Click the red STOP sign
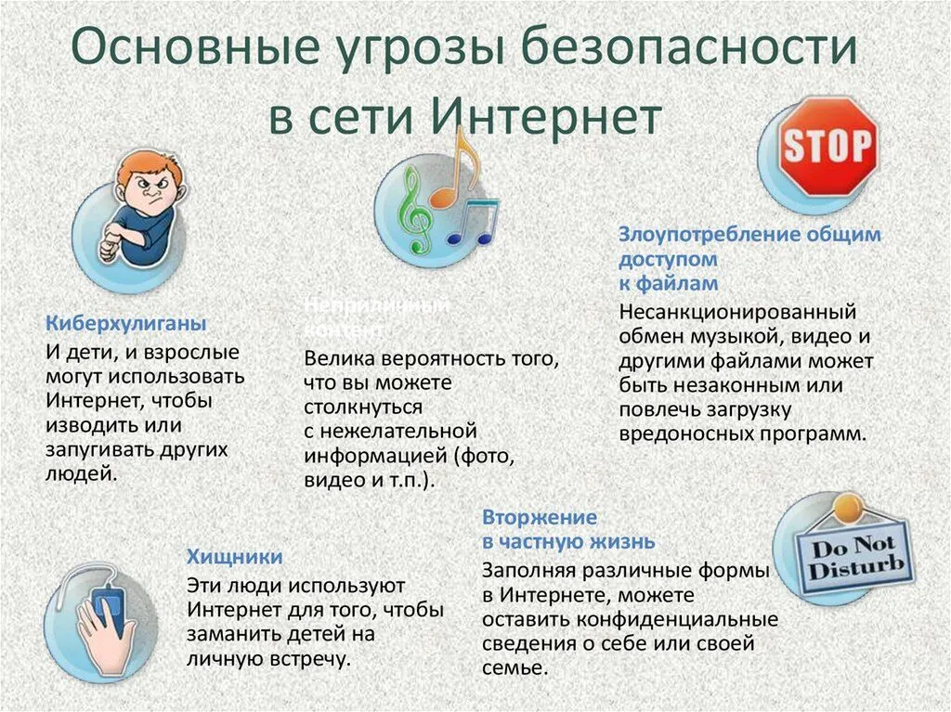(827, 146)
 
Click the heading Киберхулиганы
(126, 323)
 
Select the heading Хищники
(235, 556)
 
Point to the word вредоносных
(683, 432)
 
